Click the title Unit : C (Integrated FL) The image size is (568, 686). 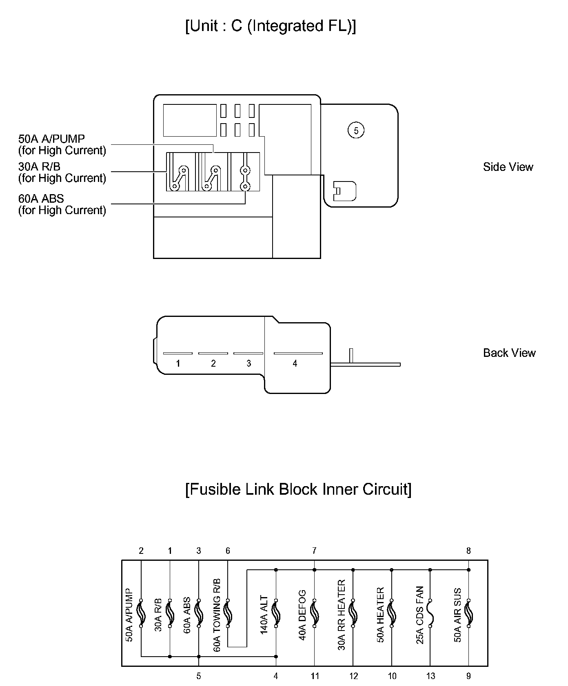pyautogui.click(x=271, y=26)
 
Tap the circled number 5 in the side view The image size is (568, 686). pyautogui.click(x=356, y=131)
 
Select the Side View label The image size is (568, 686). pyautogui.click(x=508, y=167)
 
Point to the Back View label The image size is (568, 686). pyautogui.click(x=509, y=353)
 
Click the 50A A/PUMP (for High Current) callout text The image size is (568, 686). pyautogui.click(x=62, y=145)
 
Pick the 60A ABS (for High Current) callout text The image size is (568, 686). pyautogui.click(x=62, y=204)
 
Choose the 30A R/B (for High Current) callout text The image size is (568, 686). pyautogui.click(x=62, y=172)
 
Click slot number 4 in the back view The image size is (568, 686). pyautogui.click(x=295, y=363)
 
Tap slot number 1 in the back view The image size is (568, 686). pyautogui.click(x=178, y=363)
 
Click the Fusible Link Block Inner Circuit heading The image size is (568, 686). pyautogui.click(x=298, y=489)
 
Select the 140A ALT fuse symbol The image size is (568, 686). pyautogui.click(x=276, y=613)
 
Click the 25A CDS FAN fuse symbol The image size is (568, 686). pyautogui.click(x=430, y=613)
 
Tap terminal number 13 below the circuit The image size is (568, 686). pyautogui.click(x=430, y=676)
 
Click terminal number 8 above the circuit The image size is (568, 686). pyautogui.click(x=468, y=551)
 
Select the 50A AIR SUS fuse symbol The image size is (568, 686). pyautogui.click(x=469, y=613)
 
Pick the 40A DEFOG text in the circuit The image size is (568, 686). pyautogui.click(x=302, y=615)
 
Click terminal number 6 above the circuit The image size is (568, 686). pyautogui.click(x=228, y=551)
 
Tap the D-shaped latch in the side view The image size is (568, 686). pyautogui.click(x=344, y=191)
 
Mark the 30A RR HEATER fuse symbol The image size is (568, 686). pyautogui.click(x=353, y=613)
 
